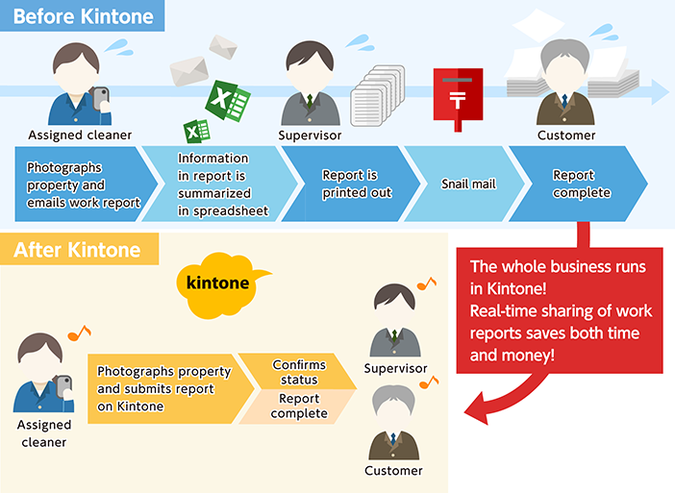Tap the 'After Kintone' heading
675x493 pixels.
coord(77,251)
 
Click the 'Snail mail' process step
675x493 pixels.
coord(467,184)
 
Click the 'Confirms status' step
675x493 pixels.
coord(298,372)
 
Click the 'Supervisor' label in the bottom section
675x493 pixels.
coord(395,368)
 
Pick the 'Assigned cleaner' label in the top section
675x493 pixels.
coord(80,136)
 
